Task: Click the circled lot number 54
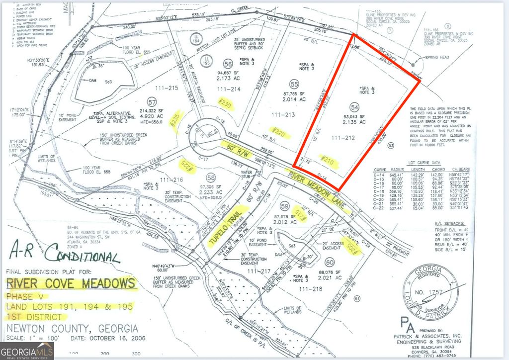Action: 354,107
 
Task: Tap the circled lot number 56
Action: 228,64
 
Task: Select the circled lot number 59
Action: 285,205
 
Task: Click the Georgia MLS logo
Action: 27,352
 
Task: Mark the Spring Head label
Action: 437,58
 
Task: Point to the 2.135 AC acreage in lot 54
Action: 355,122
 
